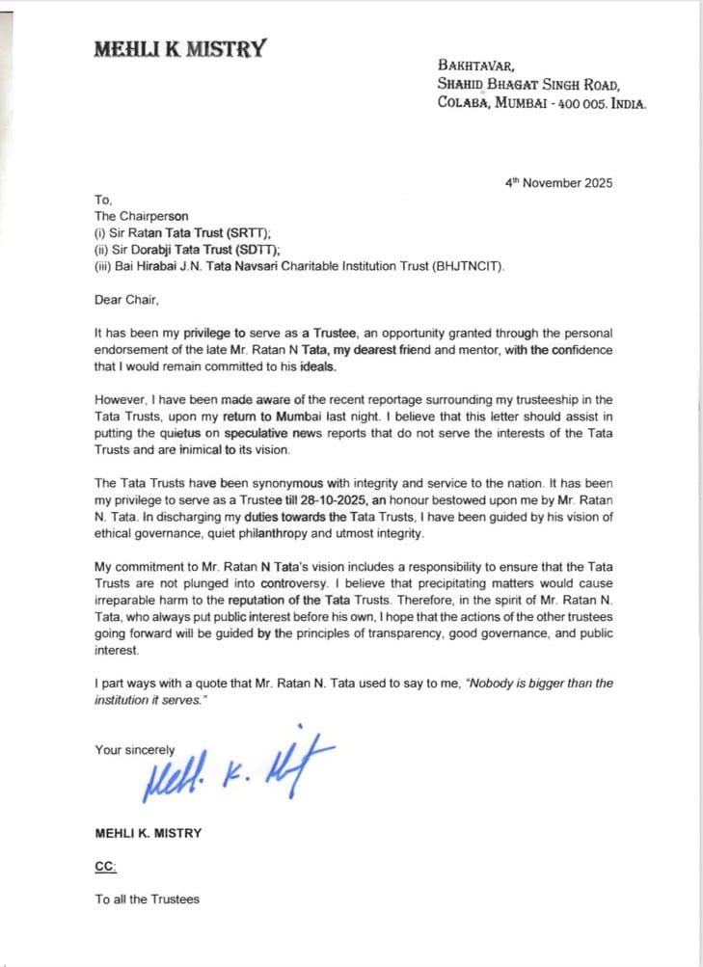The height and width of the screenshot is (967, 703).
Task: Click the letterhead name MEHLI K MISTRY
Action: click(179, 49)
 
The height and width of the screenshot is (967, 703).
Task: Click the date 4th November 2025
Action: click(559, 182)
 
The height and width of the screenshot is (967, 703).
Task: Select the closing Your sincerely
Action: click(135, 749)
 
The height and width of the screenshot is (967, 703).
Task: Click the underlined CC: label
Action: click(105, 867)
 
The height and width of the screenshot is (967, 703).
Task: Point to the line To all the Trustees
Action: click(147, 900)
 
